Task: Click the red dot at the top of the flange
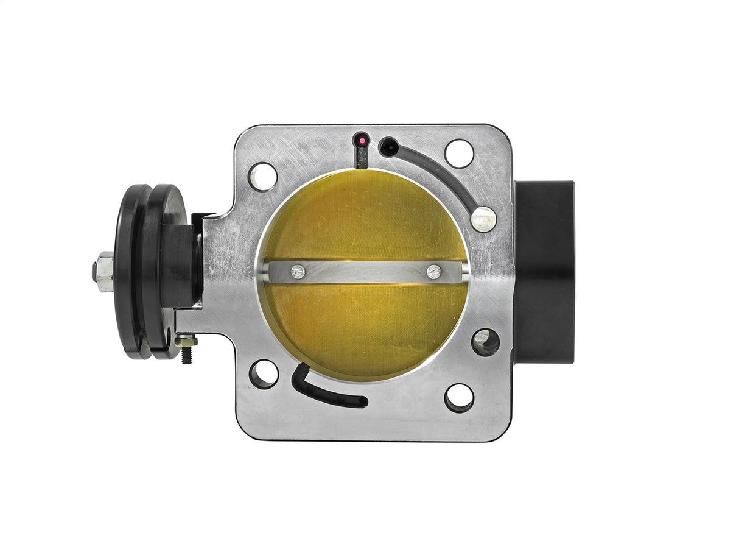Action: tap(362, 141)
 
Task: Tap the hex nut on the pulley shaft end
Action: tap(103, 271)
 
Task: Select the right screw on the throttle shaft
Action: tap(433, 272)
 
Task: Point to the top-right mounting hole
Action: tap(459, 153)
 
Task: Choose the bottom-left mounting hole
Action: tap(264, 373)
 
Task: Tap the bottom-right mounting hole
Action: tap(459, 398)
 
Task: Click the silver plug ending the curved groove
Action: tap(483, 219)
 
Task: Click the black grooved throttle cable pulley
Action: tap(149, 271)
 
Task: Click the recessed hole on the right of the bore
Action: tap(485, 342)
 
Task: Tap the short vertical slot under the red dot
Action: tap(362, 158)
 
